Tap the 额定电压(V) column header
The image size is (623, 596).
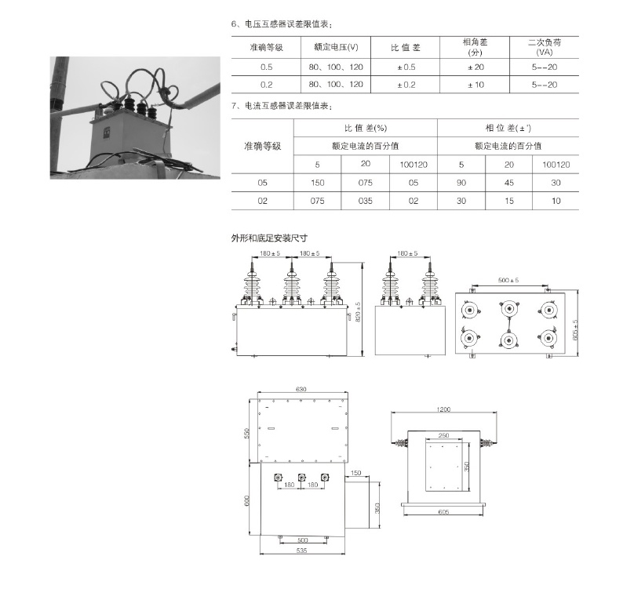335,47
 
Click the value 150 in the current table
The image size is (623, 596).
318,182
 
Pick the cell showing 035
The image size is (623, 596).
366,201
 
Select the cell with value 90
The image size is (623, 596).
461,182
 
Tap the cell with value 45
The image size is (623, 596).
508,182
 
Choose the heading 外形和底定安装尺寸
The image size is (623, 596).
269,238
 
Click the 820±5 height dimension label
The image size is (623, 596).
358,311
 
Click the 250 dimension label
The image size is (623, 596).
444,435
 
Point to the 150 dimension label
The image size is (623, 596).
356,473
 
